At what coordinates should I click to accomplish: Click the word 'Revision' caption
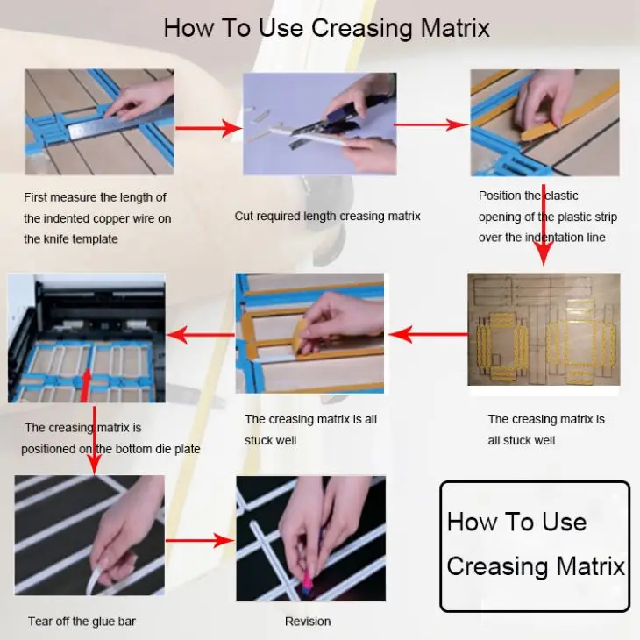(308, 622)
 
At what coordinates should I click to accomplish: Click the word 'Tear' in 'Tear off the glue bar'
(41, 622)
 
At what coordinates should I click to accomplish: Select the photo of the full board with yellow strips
(544, 329)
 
